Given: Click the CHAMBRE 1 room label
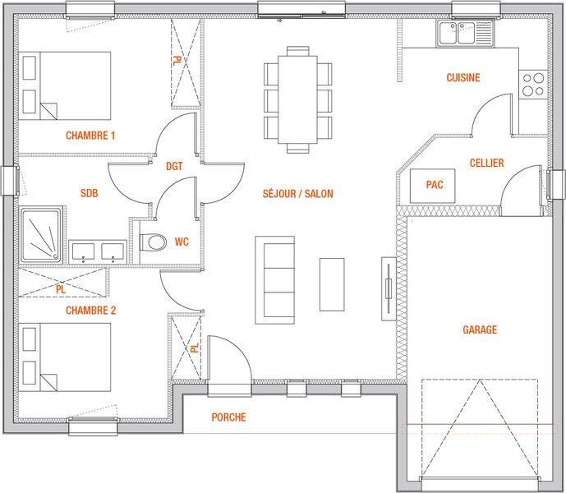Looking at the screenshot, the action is coord(90,136).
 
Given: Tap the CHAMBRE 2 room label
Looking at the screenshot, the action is coord(90,311).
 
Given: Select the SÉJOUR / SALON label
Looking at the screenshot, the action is coord(298,193).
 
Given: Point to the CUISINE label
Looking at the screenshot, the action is coord(463,77).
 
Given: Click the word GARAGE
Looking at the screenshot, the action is coord(480,329).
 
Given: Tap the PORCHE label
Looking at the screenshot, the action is coord(228,417).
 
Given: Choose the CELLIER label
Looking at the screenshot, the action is coord(486,163).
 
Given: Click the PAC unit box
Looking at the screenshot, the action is coord(432,186).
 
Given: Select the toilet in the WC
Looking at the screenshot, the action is coord(153,242).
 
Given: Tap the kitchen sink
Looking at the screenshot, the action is coord(465,33).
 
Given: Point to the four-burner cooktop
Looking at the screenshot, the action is coord(533,85).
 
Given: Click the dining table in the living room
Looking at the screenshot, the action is coord(297,99).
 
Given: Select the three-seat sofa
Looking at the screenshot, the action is coord(275,280).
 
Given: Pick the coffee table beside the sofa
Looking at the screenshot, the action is coord(332,284).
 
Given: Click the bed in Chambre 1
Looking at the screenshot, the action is coord(65,85).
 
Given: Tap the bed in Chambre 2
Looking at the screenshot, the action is coord(65,357).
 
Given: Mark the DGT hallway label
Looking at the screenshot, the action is coord(174,166).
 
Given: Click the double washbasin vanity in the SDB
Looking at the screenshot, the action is coord(98,251).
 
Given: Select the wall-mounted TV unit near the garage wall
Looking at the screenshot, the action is coord(389,288).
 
